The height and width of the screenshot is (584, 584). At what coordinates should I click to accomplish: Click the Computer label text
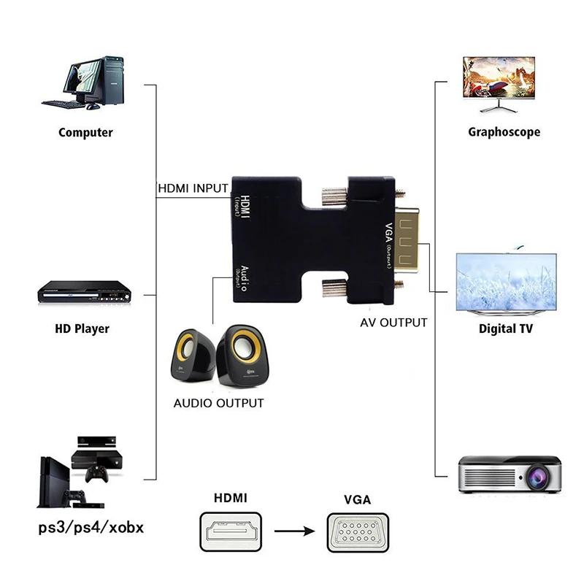[85, 132]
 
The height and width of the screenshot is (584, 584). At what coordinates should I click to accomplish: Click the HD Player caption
[82, 328]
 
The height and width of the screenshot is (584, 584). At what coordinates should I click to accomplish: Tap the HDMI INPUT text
[193, 188]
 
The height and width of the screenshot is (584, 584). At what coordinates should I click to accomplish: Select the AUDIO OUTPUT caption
[218, 402]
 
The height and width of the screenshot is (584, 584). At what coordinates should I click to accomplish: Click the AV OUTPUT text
[393, 322]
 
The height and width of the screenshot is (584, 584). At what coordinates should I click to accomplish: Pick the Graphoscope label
[504, 132]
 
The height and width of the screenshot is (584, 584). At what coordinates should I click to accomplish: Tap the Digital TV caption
[505, 328]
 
